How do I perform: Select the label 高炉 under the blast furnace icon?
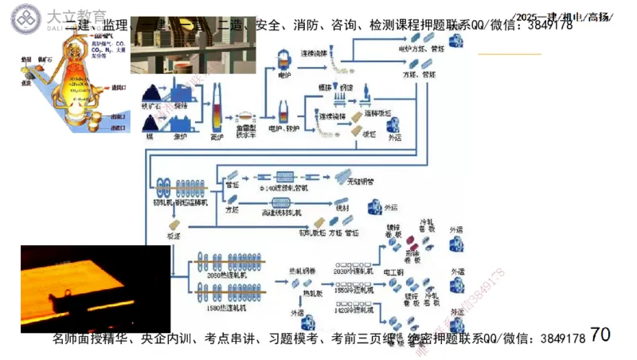[216, 136]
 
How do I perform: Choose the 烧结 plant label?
[181, 104]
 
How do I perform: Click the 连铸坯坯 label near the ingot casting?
[377, 114]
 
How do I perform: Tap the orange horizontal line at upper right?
[509, 54]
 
